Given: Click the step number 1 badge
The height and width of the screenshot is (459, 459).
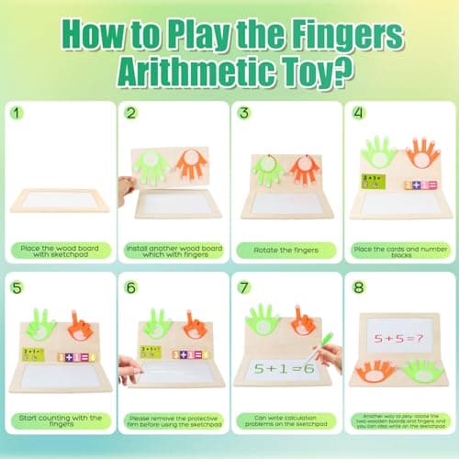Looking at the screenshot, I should point(18,114).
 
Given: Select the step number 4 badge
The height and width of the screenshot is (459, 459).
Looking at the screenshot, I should point(358,114).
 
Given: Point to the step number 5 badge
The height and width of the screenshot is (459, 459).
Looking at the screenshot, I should point(18,285).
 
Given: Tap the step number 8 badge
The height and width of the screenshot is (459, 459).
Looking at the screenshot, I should point(358,285).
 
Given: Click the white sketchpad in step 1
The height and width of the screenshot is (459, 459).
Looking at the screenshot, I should point(57,199).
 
